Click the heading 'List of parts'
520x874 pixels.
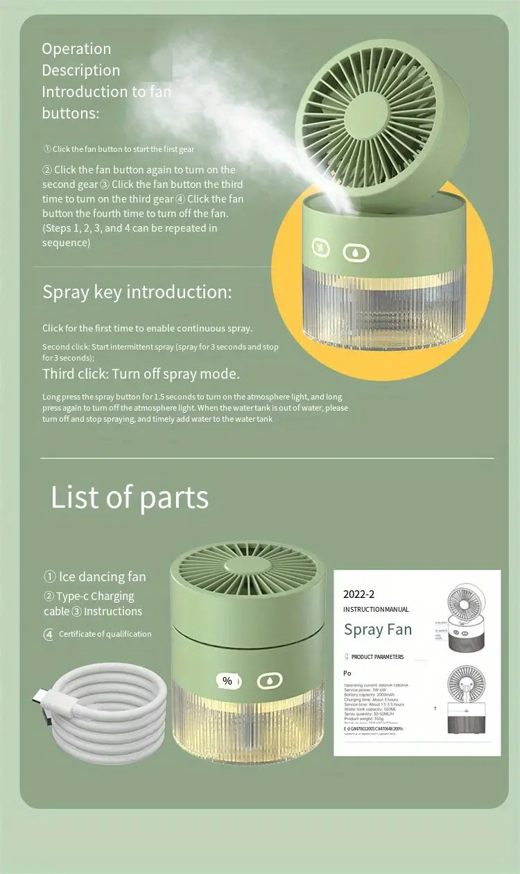click(x=130, y=497)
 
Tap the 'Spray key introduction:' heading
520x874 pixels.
click(x=137, y=291)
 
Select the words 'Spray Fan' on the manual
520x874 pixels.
click(x=378, y=630)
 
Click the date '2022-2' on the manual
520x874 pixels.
click(x=358, y=594)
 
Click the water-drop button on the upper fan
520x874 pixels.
click(x=356, y=253)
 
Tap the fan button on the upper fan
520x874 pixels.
click(x=320, y=248)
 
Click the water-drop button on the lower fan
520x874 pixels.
click(x=270, y=681)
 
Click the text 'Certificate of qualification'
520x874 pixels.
click(x=105, y=634)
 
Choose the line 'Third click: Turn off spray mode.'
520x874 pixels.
click(x=141, y=374)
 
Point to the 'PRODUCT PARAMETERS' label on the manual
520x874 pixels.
click(x=377, y=657)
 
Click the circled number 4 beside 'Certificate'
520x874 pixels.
click(x=49, y=634)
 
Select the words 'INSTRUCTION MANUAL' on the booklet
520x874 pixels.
click(x=376, y=609)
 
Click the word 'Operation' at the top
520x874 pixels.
click(x=76, y=49)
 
